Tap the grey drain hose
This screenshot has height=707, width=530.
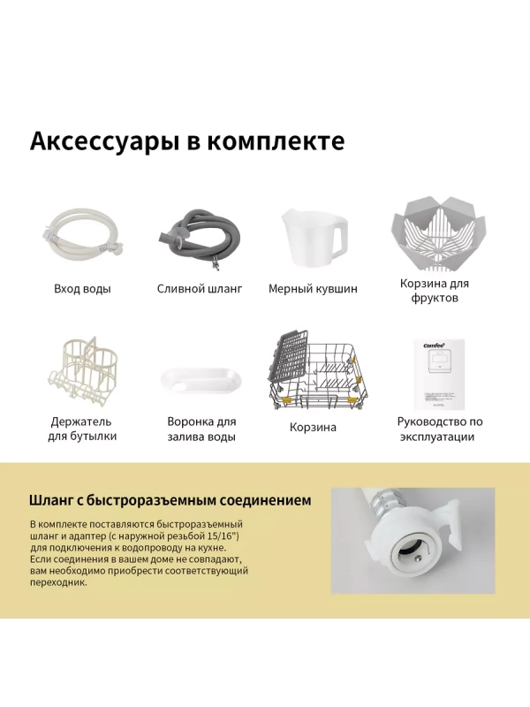coord(198,236)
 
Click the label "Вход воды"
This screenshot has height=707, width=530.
coord(82,289)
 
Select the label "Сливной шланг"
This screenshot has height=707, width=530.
coord(200,289)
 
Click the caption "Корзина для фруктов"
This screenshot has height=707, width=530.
coord(435,291)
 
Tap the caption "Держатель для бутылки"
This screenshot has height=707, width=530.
coord(82,429)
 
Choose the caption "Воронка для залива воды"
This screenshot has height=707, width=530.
coord(201,429)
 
